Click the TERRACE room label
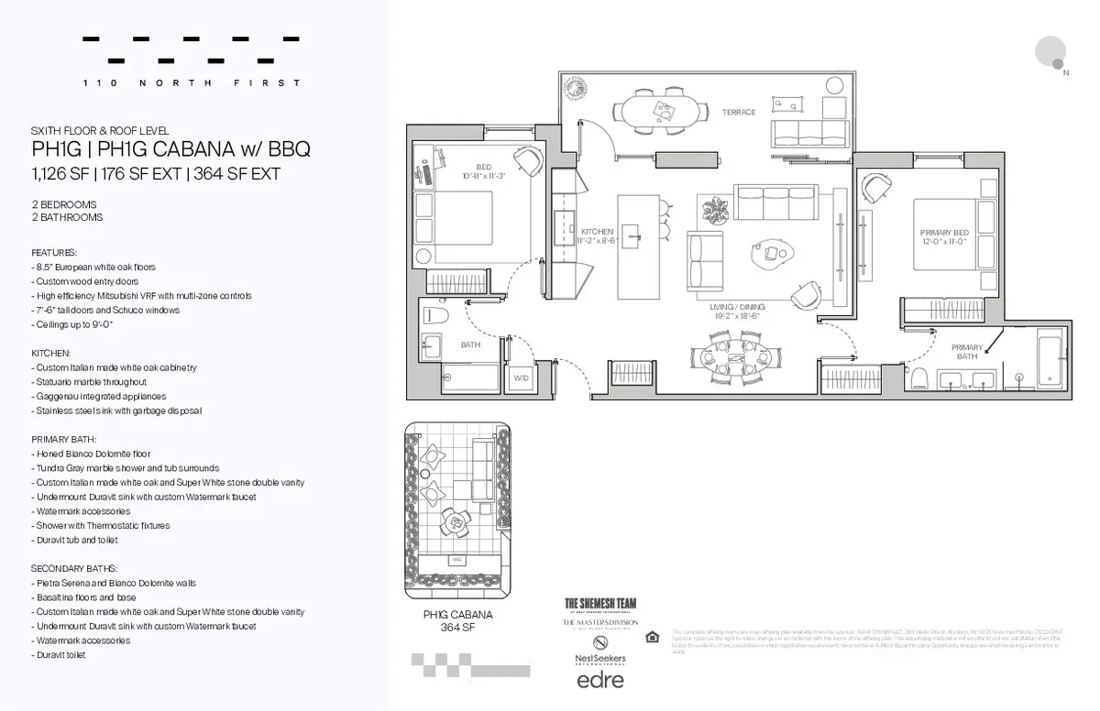point(738,112)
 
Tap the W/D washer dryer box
point(521,377)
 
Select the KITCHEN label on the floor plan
point(597,236)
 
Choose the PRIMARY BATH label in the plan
point(967,352)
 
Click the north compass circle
point(1050,50)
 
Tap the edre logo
point(599,680)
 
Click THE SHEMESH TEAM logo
point(599,603)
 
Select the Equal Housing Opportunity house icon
point(652,638)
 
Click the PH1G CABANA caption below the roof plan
point(457,620)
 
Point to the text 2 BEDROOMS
point(64,204)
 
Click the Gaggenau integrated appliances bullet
point(101,397)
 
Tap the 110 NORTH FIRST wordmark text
point(191,83)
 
